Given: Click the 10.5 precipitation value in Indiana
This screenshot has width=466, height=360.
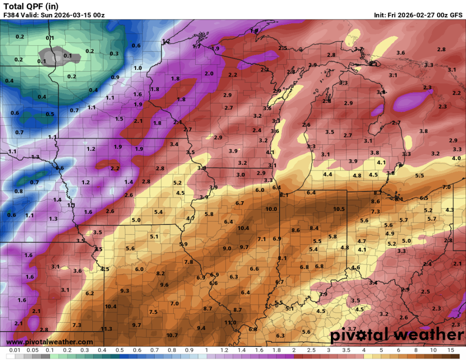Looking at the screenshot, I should [339, 209].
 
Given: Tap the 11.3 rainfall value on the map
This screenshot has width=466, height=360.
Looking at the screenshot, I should [107, 329].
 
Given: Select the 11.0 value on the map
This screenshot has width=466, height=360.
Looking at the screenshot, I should [230, 322].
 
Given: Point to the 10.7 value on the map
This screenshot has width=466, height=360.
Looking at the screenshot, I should [172, 335].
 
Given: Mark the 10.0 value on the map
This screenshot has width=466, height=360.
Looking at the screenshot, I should [271, 209].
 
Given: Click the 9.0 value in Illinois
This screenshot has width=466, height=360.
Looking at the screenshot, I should [227, 249].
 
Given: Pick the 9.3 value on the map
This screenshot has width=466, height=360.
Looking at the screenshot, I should [124, 291].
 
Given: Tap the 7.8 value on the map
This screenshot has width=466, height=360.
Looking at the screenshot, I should [189, 262].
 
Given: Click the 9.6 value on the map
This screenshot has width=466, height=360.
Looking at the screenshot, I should [164, 285].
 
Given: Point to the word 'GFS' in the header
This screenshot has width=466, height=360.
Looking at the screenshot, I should [456, 15].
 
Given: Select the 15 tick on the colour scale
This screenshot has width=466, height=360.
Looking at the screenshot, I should [451, 350].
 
